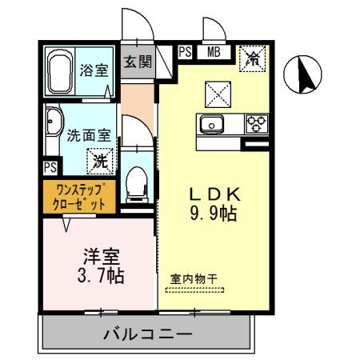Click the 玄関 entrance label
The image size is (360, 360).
pyautogui.click(x=138, y=62)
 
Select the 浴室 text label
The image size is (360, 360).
pyautogui.click(x=94, y=69)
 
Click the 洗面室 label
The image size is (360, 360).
pyautogui.click(x=88, y=135)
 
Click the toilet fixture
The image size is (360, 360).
pyautogui.click(x=136, y=182)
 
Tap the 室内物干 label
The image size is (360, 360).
pyautogui.click(x=194, y=278)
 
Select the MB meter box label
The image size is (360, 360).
pyautogui.click(x=214, y=54)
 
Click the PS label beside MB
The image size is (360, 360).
pyautogui.click(x=185, y=54)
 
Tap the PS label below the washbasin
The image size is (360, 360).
pyautogui.click(x=50, y=167)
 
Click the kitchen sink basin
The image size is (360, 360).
pyautogui.click(x=212, y=124)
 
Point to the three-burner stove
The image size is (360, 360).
pyautogui.click(x=256, y=124)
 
